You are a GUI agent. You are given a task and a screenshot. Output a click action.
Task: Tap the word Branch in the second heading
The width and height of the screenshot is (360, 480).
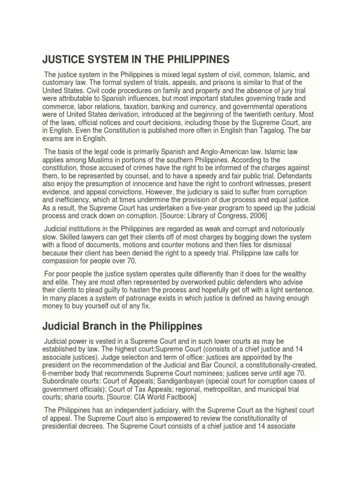click(97, 325)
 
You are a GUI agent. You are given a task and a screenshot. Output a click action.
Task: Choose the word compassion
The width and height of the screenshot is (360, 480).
click(62, 261)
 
